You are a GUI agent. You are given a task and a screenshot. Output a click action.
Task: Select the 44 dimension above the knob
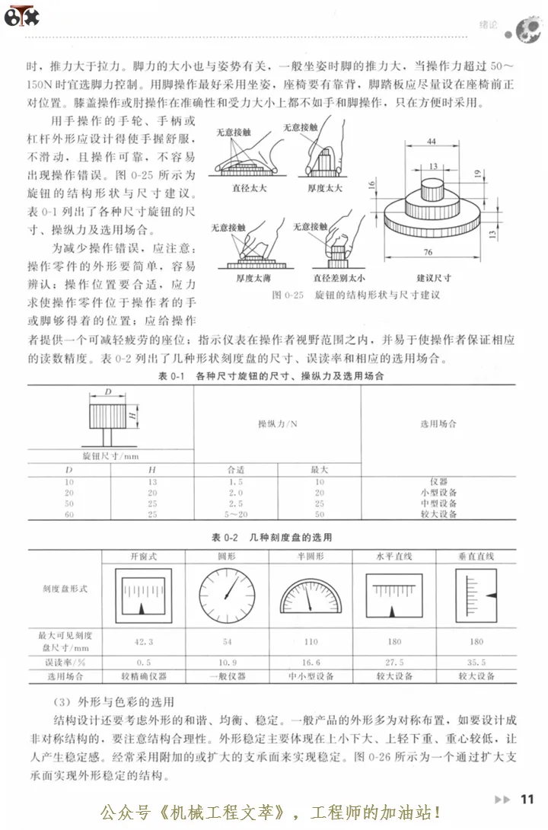click(x=432, y=142)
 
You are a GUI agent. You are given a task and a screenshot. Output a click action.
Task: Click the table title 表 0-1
click(x=168, y=376)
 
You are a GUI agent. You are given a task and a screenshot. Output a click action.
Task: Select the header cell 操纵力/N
click(x=276, y=423)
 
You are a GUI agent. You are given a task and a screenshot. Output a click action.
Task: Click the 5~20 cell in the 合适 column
click(x=235, y=515)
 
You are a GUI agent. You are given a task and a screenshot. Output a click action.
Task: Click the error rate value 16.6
click(x=310, y=662)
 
